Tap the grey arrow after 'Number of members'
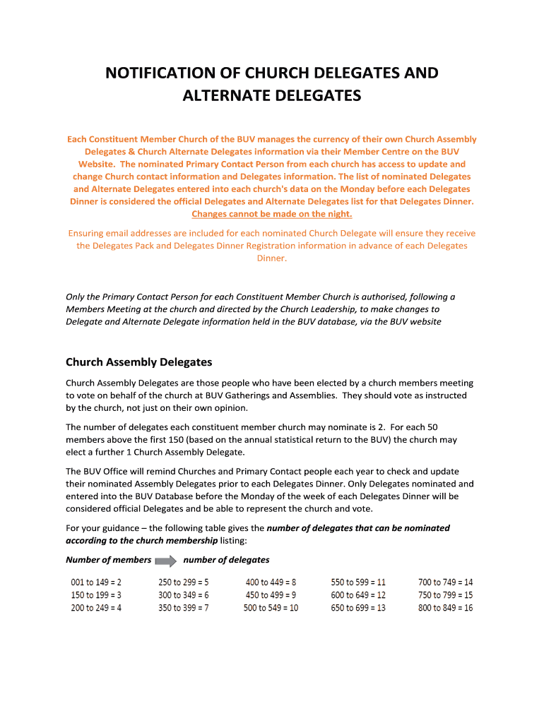click(167, 561)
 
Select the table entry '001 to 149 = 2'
click(96, 582)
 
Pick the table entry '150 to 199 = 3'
click(96, 595)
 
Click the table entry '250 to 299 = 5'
click(183, 582)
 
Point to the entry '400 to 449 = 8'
click(271, 582)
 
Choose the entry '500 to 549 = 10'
click(271, 608)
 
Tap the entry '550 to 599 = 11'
click(358, 582)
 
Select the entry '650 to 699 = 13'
click(358, 608)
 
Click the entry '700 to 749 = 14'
click(445, 582)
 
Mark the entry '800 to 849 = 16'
click(445, 608)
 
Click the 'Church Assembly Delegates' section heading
click(138, 362)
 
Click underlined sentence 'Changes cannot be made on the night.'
click(272, 214)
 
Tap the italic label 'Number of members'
click(108, 560)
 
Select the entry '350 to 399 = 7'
click(183, 608)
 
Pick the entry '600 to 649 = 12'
click(358, 595)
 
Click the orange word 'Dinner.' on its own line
click(272, 258)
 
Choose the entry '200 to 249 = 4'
click(96, 608)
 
